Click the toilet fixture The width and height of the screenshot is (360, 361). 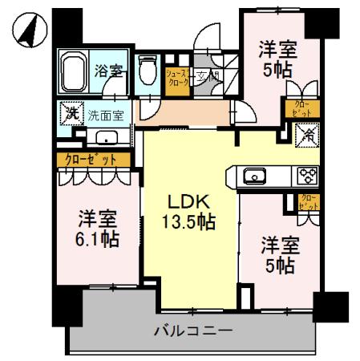pyautogui.click(x=147, y=74)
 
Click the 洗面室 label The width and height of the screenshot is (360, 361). pyautogui.click(x=106, y=115)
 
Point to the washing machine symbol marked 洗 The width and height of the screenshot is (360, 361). pyautogui.click(x=71, y=113)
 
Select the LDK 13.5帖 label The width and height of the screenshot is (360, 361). pyautogui.click(x=191, y=210)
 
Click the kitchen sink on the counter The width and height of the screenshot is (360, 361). pyautogui.click(x=256, y=176)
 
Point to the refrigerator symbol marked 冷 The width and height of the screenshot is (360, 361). pyautogui.click(x=308, y=135)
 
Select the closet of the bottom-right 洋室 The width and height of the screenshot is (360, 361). pyautogui.click(x=306, y=202)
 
